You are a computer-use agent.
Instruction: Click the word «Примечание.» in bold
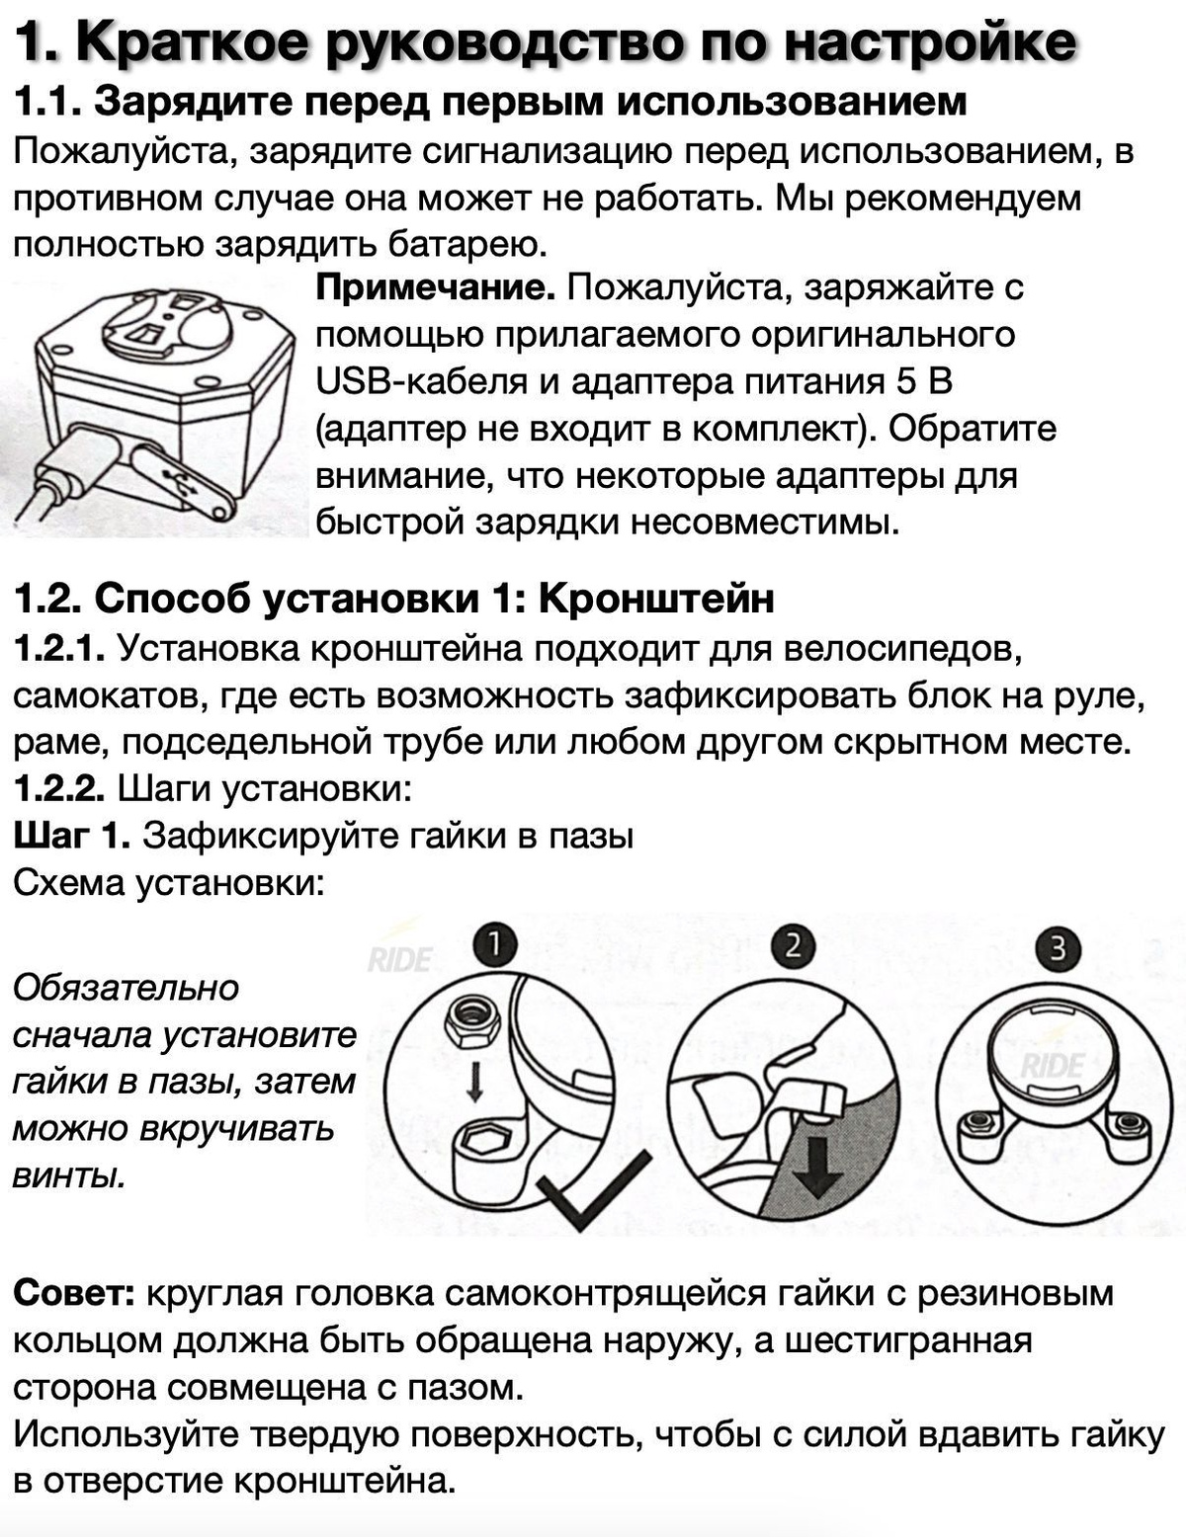coord(435,288)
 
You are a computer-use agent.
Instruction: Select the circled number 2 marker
coord(794,947)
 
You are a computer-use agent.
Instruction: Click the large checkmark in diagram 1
coord(593,1190)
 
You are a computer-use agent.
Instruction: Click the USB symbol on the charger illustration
coord(181,482)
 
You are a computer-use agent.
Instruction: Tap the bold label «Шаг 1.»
coord(71,836)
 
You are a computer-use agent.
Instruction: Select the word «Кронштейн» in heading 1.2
coord(656,599)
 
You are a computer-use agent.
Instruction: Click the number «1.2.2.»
coord(59,788)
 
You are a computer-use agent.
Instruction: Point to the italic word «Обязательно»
coord(126,988)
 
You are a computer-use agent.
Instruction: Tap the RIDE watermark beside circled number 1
coord(400,960)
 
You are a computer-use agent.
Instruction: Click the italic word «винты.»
coord(69,1175)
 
